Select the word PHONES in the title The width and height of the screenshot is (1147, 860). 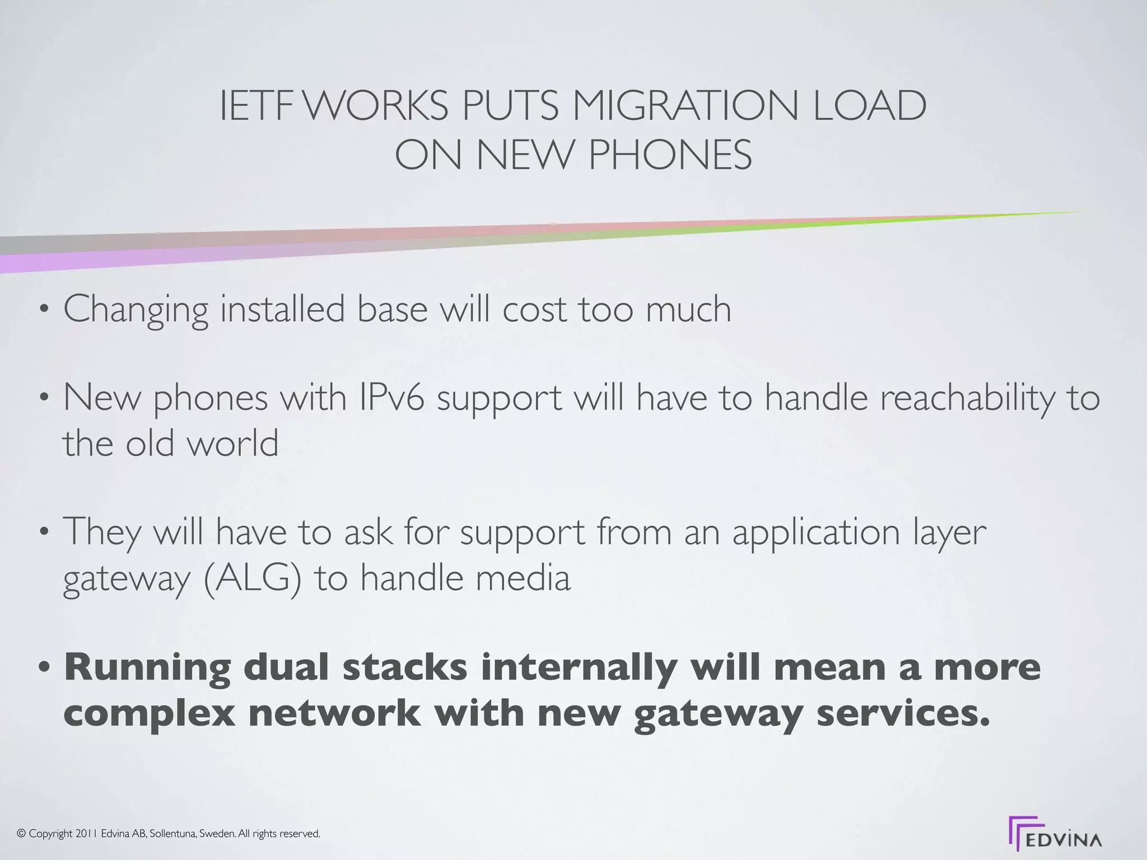(x=670, y=155)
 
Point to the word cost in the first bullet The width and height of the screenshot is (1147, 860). (x=534, y=309)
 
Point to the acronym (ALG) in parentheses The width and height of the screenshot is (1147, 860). (x=252, y=578)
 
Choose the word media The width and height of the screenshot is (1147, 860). (x=523, y=578)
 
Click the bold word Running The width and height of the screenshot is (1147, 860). (x=147, y=668)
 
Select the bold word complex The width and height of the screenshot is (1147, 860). (x=149, y=713)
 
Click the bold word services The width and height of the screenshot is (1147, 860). (x=902, y=713)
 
